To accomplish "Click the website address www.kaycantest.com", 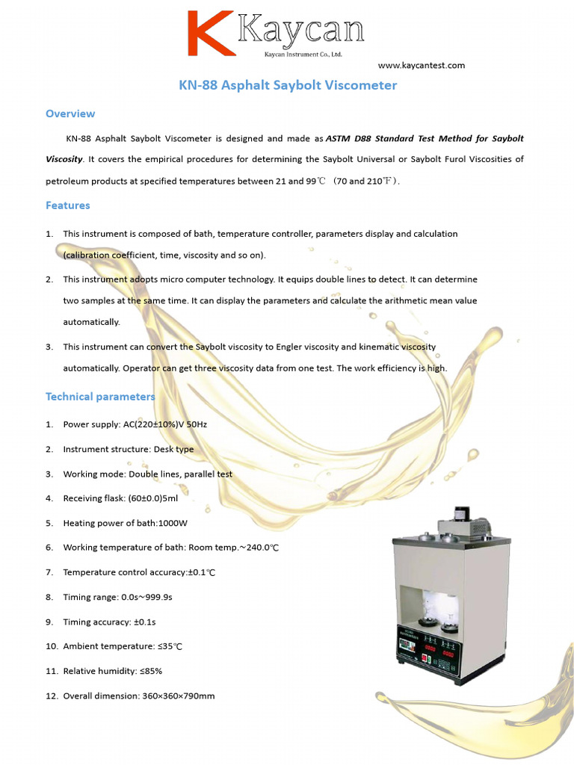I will [427, 66].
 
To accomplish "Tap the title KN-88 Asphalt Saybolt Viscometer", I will [288, 85].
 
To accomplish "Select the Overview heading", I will [70, 114].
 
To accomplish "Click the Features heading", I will [67, 205].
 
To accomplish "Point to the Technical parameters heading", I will [100, 397].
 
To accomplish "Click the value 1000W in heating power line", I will [173, 524].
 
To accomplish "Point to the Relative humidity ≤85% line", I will [112, 672].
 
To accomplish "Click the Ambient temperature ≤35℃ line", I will [123, 647].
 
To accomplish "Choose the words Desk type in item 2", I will [173, 450].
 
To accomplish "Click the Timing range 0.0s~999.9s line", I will [117, 598].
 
